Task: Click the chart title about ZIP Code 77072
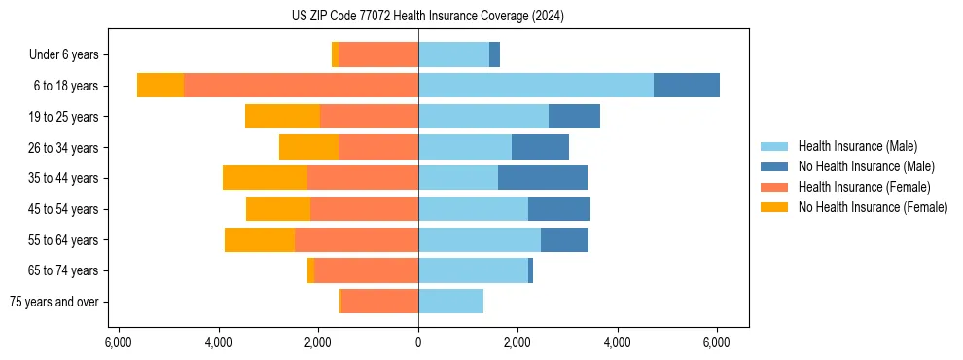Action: (x=427, y=17)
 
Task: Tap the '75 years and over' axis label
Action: (x=53, y=302)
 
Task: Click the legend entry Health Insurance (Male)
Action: (x=857, y=146)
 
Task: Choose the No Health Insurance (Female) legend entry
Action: (x=873, y=207)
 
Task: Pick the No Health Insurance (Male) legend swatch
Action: (x=774, y=166)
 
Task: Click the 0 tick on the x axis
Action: (x=418, y=342)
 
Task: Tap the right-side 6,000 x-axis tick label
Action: (x=717, y=342)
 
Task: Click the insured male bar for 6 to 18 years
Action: (x=536, y=86)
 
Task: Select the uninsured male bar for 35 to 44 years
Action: (x=543, y=178)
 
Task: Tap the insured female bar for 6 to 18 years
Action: (x=301, y=86)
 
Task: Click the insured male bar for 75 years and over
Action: (x=450, y=302)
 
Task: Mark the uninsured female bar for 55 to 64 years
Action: (x=260, y=239)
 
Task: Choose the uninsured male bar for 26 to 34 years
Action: (x=540, y=147)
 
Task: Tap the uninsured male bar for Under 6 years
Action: (x=494, y=54)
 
